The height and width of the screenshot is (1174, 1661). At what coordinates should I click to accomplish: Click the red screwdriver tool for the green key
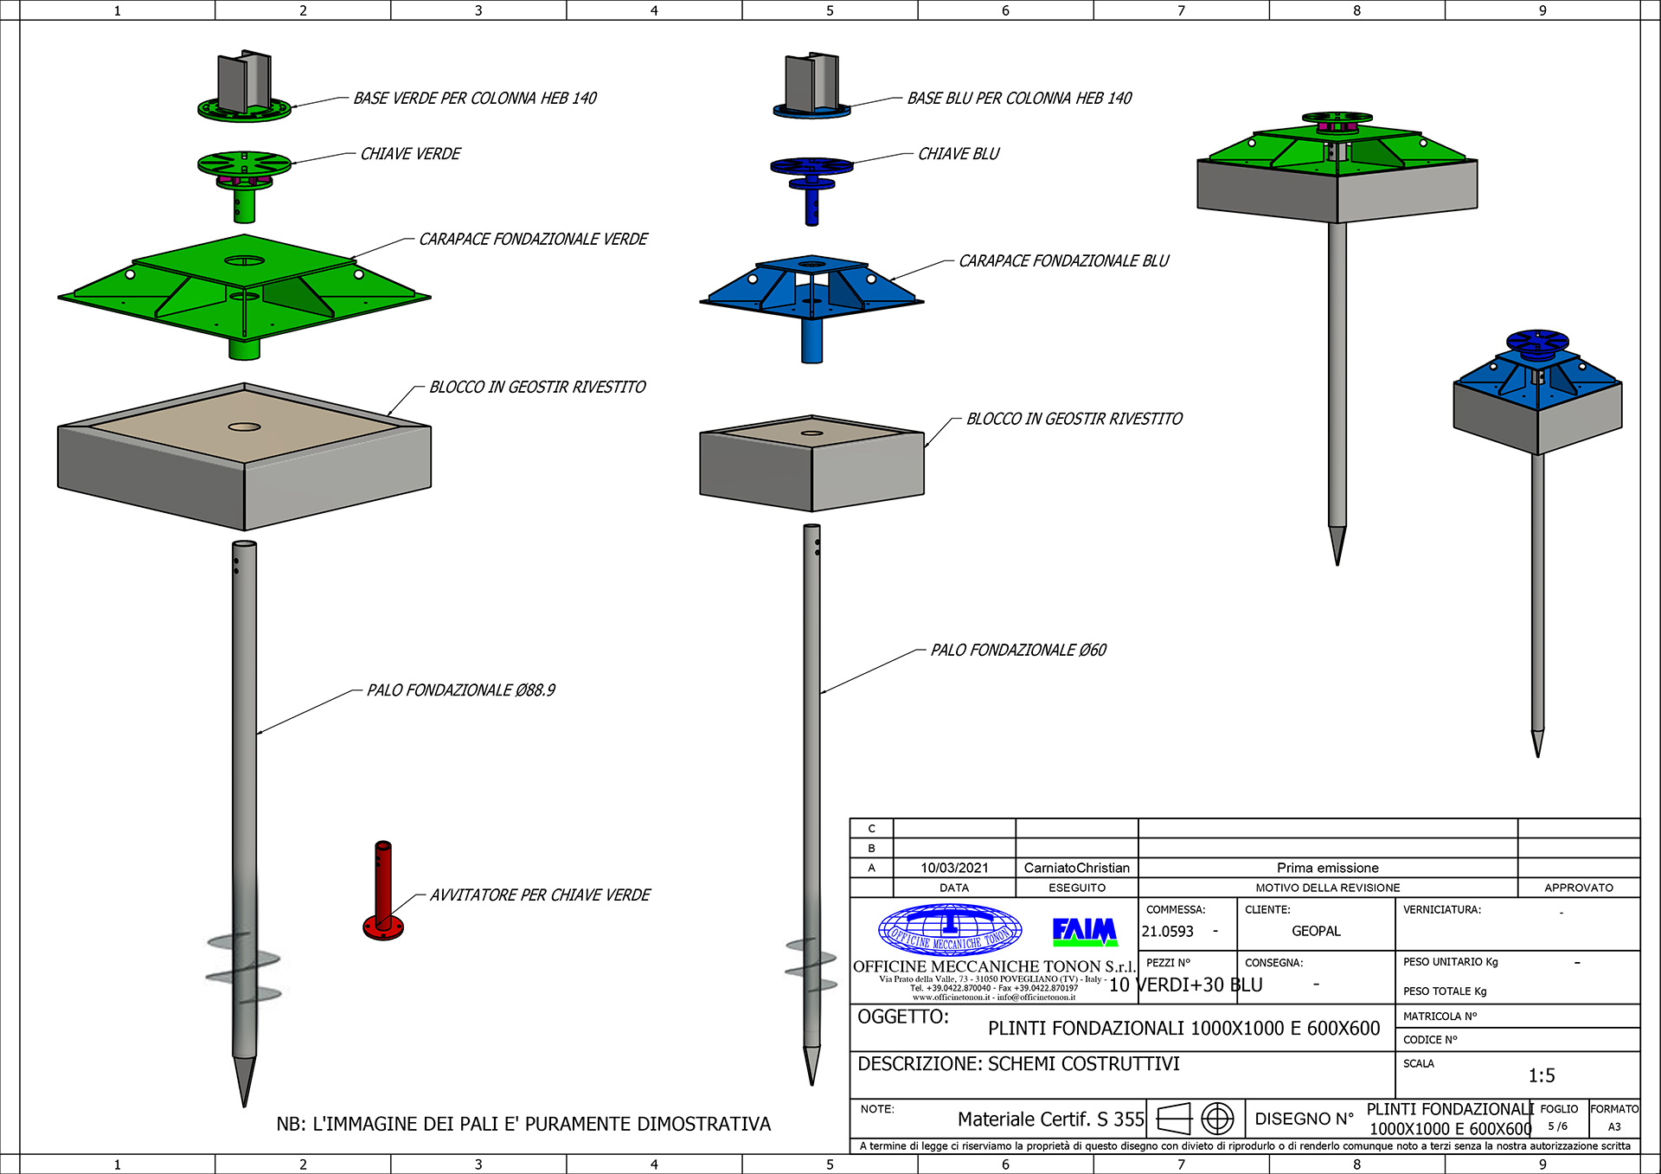click(x=383, y=891)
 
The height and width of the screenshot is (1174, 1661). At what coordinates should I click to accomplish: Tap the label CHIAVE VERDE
click(x=410, y=154)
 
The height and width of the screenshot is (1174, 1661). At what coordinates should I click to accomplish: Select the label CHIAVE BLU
click(x=958, y=154)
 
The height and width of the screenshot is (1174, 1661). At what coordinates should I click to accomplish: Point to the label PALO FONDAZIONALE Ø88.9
click(x=460, y=690)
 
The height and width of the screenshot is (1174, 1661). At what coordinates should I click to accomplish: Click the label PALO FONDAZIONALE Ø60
click(x=1017, y=651)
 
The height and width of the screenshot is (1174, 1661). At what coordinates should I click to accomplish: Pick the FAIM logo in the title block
click(x=1084, y=931)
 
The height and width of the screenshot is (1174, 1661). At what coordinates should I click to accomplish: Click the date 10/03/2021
click(x=953, y=868)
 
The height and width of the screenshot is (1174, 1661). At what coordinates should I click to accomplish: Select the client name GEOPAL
click(x=1316, y=931)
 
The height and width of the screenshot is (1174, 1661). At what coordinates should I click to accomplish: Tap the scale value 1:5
click(x=1541, y=1075)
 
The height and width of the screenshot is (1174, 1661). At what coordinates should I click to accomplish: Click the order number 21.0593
click(x=1167, y=932)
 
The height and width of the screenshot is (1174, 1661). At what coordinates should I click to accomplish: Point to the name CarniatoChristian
click(x=1076, y=868)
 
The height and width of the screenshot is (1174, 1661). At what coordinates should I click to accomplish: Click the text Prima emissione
click(x=1327, y=868)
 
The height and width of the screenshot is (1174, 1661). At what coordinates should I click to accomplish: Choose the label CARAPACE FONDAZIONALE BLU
click(x=1063, y=261)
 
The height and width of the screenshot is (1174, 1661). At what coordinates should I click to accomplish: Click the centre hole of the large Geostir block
click(x=245, y=427)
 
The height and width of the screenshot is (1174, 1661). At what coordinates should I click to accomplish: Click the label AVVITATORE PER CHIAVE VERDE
click(x=540, y=895)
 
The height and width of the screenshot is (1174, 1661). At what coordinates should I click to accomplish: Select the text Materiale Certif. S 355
click(x=1050, y=1119)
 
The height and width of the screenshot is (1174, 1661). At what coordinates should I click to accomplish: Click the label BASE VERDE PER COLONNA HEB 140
click(x=474, y=99)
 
